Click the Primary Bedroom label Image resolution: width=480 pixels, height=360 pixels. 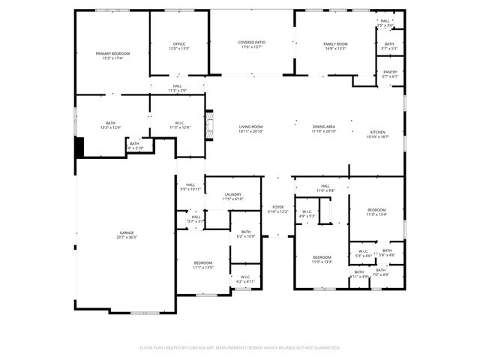pos(112,53)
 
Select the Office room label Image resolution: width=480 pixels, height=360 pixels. pos(178,43)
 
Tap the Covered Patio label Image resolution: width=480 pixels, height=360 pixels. pos(251,43)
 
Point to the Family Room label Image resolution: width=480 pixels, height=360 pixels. pos(335,44)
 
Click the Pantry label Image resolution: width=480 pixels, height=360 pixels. pos(390,72)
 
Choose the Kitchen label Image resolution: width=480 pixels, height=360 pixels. pos(376,133)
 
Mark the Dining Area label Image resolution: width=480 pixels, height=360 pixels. pos(324,127)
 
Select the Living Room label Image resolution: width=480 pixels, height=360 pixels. pos(251,127)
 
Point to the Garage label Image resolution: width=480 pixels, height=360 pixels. pos(127,233)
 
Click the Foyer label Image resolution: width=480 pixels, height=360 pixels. pos(277,208)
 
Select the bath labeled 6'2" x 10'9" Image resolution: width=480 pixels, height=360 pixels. pos(245,236)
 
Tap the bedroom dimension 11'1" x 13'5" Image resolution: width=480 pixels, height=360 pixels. pos(203,267)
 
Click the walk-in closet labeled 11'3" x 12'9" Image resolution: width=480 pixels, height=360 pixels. pos(180,127)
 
